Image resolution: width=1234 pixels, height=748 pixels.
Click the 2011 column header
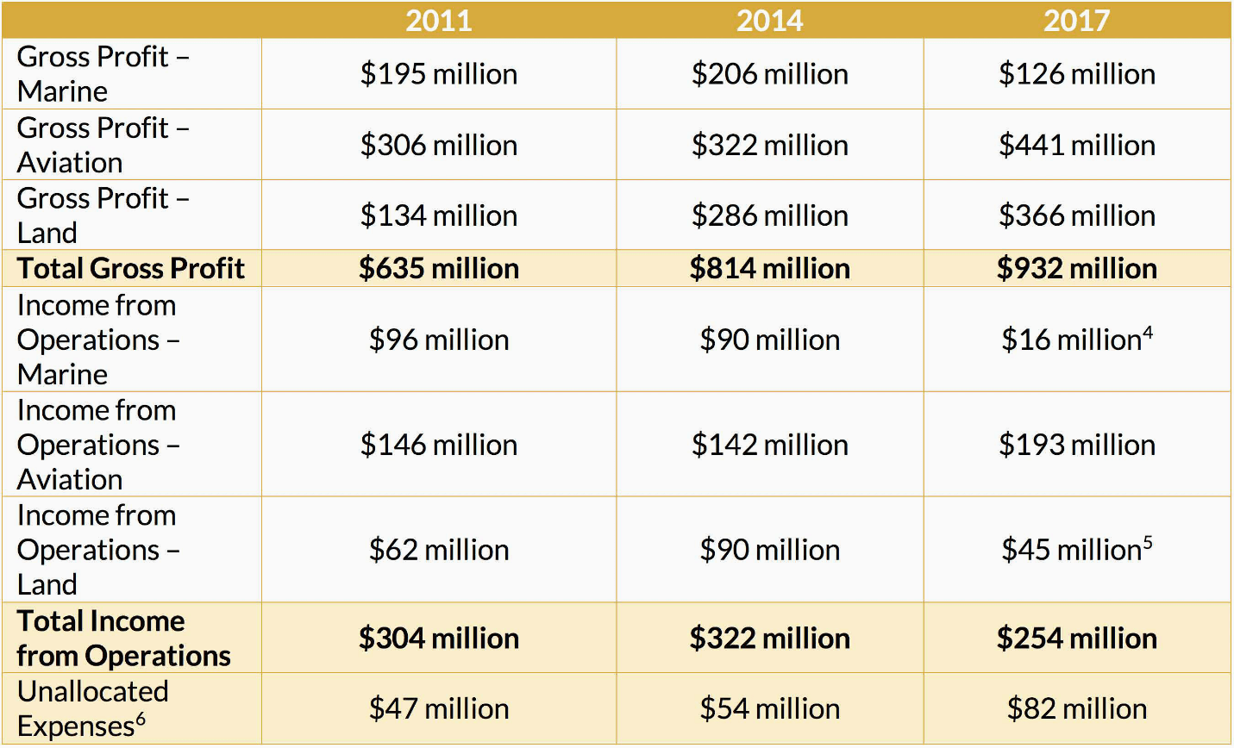tap(439, 21)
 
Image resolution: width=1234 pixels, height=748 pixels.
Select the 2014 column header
tap(769, 21)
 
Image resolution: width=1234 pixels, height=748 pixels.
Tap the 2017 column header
tap(1076, 21)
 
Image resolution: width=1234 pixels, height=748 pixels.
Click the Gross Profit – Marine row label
tap(103, 74)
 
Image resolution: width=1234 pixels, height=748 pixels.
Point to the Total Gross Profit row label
tap(131, 269)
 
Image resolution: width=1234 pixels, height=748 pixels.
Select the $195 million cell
tap(439, 74)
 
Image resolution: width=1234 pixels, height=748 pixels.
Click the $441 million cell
tap(1076, 145)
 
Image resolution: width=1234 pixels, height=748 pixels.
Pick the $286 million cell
tap(769, 215)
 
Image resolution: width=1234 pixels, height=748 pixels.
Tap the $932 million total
tap(1076, 269)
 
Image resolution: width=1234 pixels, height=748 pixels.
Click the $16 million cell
tap(1071, 340)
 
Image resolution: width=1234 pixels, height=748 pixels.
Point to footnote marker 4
tap(1148, 332)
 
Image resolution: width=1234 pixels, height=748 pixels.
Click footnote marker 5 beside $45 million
tap(1148, 542)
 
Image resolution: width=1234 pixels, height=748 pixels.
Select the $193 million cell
tap(1076, 445)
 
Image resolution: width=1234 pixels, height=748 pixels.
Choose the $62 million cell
tap(439, 550)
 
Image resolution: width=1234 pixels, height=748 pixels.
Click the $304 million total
tap(439, 639)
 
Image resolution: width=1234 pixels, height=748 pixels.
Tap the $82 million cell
tap(1076, 709)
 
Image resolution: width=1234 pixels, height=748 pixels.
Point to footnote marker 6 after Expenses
tap(141, 719)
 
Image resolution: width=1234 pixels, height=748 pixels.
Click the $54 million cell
tap(769, 709)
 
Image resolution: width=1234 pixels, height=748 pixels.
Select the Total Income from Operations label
tap(123, 639)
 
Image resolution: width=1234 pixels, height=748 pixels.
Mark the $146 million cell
tap(439, 445)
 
